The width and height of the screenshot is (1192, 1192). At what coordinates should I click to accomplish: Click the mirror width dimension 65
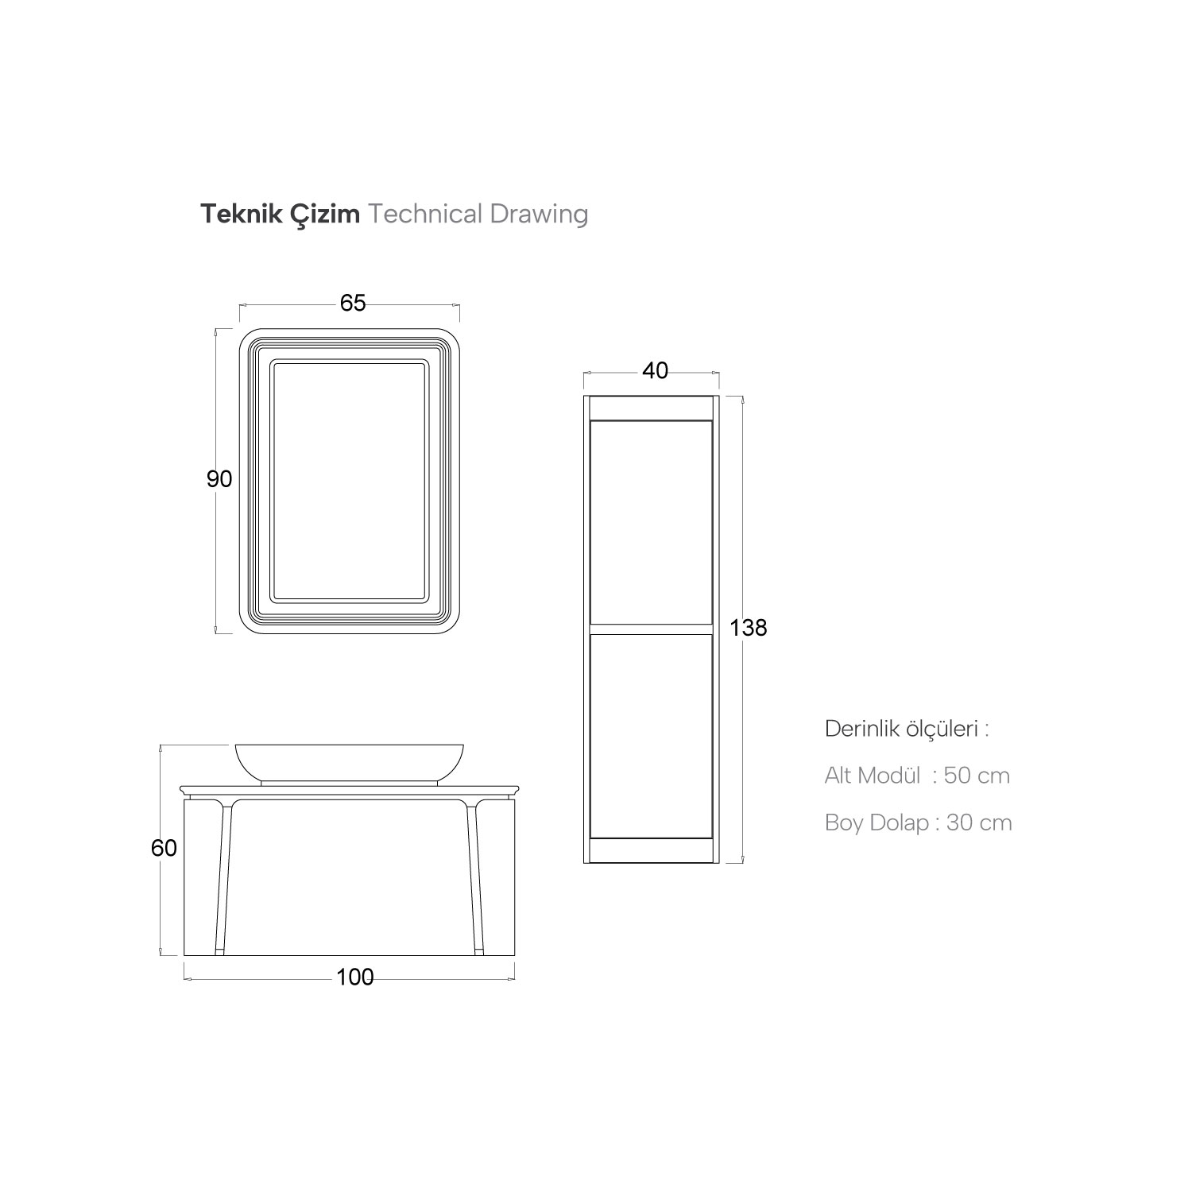(x=353, y=304)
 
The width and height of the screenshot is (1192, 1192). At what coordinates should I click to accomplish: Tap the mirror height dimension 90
(x=219, y=479)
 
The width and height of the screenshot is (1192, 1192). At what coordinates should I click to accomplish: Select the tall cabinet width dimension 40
(x=655, y=370)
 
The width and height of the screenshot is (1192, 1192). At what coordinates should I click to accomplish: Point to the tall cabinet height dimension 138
(x=749, y=628)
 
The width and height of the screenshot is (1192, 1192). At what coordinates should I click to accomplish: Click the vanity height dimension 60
(x=164, y=848)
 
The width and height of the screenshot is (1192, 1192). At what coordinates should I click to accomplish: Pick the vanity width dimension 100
(x=354, y=977)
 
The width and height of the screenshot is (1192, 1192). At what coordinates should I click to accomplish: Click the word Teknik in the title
(x=233, y=214)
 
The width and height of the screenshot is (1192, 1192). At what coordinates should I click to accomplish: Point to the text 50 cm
(x=977, y=776)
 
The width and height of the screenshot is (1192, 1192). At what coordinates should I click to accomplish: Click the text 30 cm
(x=979, y=822)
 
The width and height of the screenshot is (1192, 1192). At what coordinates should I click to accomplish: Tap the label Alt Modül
(x=873, y=776)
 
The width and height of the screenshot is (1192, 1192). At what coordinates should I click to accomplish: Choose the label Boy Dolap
(x=877, y=822)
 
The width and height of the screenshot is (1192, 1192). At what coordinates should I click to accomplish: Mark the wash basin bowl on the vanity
(x=349, y=762)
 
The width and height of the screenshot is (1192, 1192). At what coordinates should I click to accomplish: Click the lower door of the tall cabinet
(x=651, y=734)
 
